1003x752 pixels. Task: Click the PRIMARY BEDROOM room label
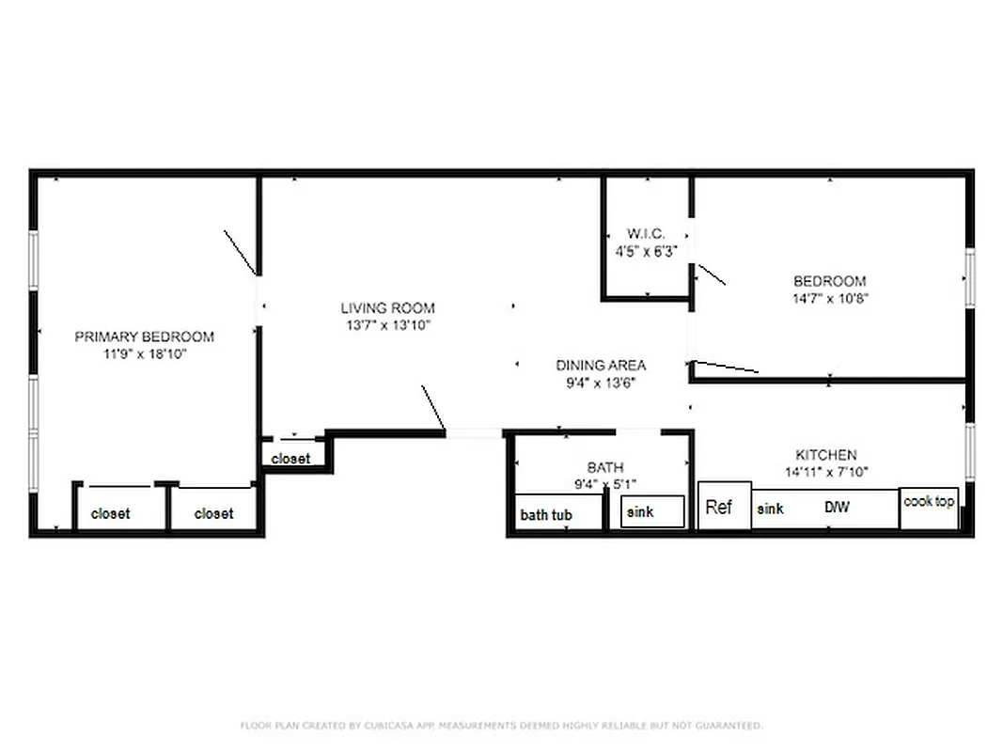(x=144, y=337)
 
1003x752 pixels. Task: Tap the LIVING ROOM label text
(x=387, y=308)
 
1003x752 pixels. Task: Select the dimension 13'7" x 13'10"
(x=387, y=325)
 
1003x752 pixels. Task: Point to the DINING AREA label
(x=601, y=366)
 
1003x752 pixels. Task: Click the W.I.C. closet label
(x=646, y=234)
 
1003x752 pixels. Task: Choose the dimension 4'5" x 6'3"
(x=646, y=251)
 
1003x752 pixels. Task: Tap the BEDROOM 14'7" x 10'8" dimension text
(x=829, y=298)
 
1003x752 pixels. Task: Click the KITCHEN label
(x=826, y=455)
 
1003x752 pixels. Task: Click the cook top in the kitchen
(x=929, y=502)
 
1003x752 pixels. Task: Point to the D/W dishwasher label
(x=837, y=508)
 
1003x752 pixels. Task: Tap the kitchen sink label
(x=770, y=509)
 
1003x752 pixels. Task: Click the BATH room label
(x=604, y=467)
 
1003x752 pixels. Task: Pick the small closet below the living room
(x=290, y=459)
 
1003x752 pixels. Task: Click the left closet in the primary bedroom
(x=111, y=513)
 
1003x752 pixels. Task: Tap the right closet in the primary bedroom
(x=213, y=513)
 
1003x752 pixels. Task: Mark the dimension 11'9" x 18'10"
(x=144, y=353)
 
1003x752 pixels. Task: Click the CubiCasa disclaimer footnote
(x=501, y=726)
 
